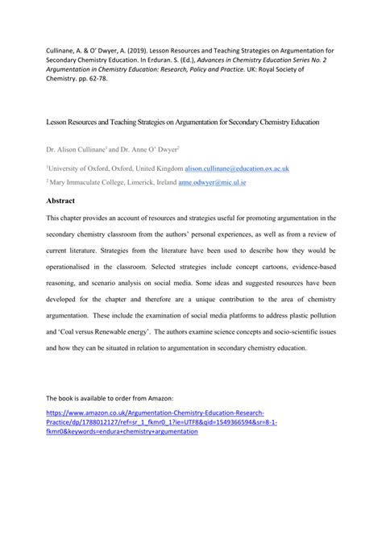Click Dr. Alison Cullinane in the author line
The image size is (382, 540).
pos(76,149)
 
